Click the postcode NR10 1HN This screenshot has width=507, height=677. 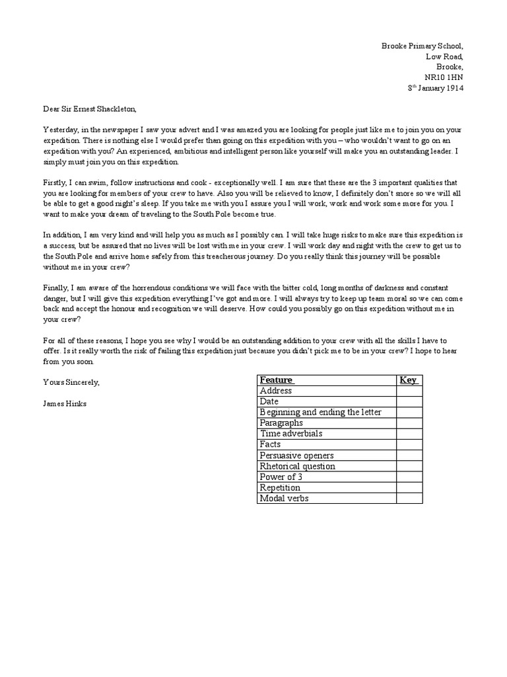[444, 77]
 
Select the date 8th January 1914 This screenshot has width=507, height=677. [436, 88]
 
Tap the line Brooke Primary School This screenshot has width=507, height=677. [422, 46]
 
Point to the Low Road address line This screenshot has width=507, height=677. [445, 56]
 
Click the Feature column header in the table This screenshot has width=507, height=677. [277, 380]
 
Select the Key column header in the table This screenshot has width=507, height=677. [408, 380]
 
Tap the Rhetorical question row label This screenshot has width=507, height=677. [297, 466]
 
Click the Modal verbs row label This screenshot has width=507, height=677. [284, 498]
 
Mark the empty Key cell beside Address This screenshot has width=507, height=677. [409, 391]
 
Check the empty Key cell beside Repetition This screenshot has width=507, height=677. [409, 488]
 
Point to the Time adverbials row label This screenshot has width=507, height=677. [291, 434]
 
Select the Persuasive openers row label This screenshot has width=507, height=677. [296, 456]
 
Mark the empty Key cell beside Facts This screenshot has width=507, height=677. [409, 444]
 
